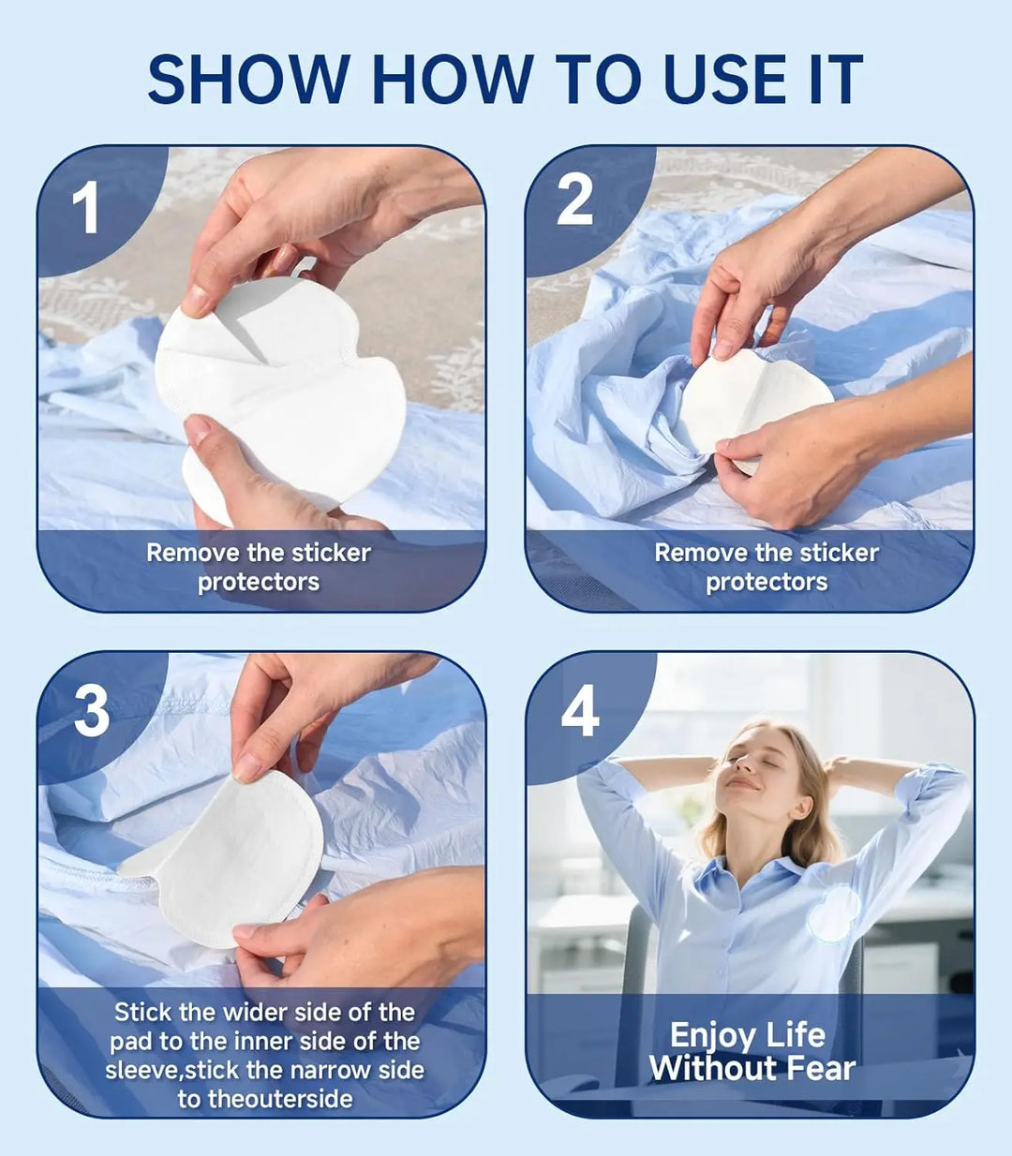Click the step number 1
[85, 208]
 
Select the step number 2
[574, 200]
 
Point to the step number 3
[91, 711]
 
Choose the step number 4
[580, 711]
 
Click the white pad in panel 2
[754, 403]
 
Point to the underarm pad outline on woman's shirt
[833, 913]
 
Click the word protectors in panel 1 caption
[259, 582]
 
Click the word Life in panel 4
[794, 1035]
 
